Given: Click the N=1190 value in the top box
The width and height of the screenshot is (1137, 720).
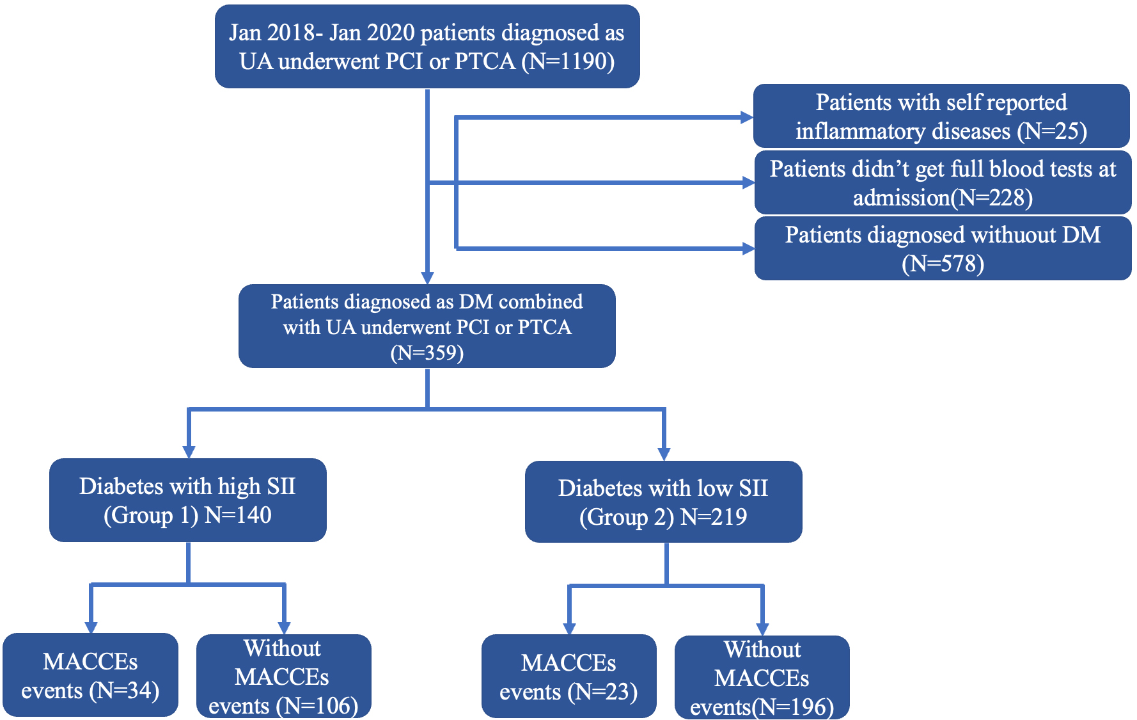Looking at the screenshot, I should point(568,62).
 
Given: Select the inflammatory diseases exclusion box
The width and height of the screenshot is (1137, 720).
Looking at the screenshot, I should point(941,116).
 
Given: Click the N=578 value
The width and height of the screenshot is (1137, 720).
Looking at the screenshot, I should point(943,264).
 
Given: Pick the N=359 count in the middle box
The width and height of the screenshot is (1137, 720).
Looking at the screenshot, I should point(427,353).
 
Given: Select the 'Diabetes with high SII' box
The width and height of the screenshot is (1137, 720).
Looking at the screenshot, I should point(188,500).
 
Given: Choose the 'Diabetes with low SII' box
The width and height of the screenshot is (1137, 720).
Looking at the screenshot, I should point(663,502).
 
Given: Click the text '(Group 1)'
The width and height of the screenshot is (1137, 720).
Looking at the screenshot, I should point(151,515).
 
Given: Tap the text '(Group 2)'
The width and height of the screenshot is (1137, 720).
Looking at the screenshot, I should point(627,517).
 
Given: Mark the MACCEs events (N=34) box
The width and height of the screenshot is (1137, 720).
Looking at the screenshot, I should point(90,675).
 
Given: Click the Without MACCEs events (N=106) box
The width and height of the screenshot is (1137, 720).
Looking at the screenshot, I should point(283,676).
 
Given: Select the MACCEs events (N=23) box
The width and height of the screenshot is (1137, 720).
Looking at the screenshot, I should point(568,676).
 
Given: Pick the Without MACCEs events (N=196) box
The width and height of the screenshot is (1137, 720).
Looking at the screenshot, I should point(762,678).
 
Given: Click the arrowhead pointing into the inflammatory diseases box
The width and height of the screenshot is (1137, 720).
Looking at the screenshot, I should point(746,117).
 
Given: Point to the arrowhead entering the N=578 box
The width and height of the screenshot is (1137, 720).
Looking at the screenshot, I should point(748,248).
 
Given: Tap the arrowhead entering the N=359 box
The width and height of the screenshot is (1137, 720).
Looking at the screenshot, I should point(427,278).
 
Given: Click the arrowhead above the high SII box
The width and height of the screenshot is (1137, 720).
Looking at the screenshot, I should point(189,452).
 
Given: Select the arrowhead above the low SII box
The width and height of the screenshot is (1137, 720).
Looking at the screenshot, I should point(664,454).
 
